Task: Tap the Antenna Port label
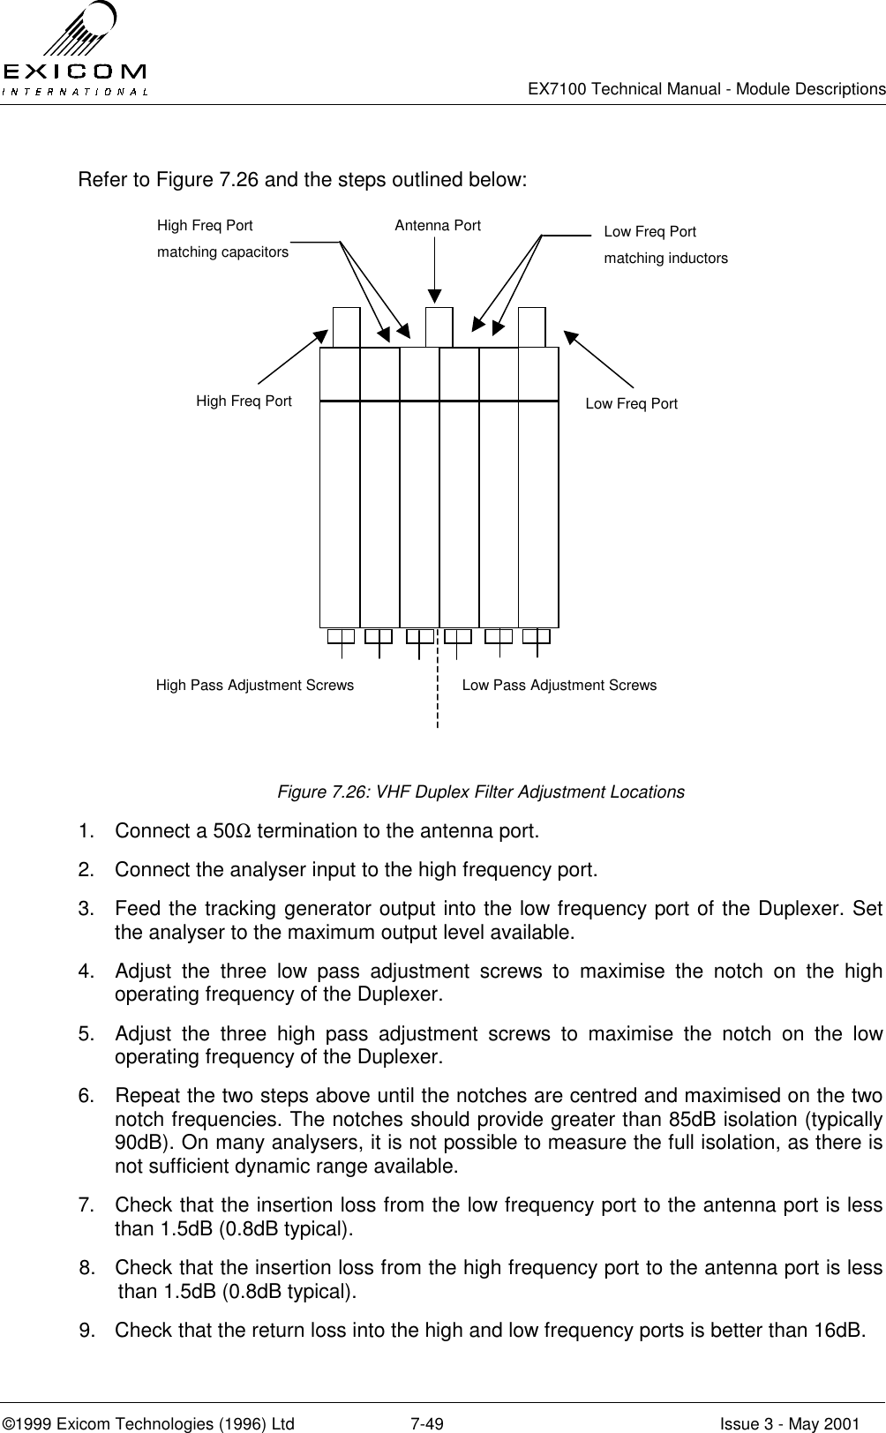tap(438, 225)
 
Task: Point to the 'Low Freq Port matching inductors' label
tap(665, 245)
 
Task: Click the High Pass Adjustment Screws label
tap(254, 685)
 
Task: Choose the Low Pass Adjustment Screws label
tap(559, 685)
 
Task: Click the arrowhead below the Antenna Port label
tap(436, 296)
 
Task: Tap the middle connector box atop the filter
tap(439, 326)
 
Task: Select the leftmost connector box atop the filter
tap(346, 326)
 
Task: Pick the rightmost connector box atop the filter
tap(531, 326)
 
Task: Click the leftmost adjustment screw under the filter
tap(341, 638)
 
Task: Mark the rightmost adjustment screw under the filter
tap(537, 638)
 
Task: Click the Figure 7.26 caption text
tap(481, 792)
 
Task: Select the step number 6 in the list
tap(86, 1096)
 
